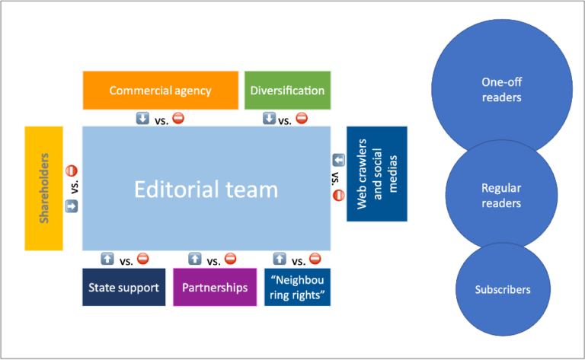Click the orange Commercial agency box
(x=160, y=91)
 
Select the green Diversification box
(x=287, y=91)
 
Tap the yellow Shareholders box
(x=43, y=189)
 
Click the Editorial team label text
(x=206, y=189)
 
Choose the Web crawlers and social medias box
(x=377, y=174)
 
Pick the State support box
(x=123, y=288)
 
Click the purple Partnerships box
(x=215, y=288)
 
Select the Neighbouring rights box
(x=298, y=288)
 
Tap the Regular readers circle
(x=500, y=195)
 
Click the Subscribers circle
(x=503, y=290)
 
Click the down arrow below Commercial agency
(x=142, y=118)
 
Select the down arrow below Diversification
(x=269, y=118)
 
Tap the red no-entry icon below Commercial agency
(x=177, y=118)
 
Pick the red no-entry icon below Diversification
(x=302, y=118)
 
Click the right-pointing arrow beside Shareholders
(x=72, y=206)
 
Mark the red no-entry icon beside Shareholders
(x=72, y=171)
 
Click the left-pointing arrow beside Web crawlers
(x=339, y=160)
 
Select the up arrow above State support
(x=108, y=259)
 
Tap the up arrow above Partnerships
(x=195, y=259)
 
